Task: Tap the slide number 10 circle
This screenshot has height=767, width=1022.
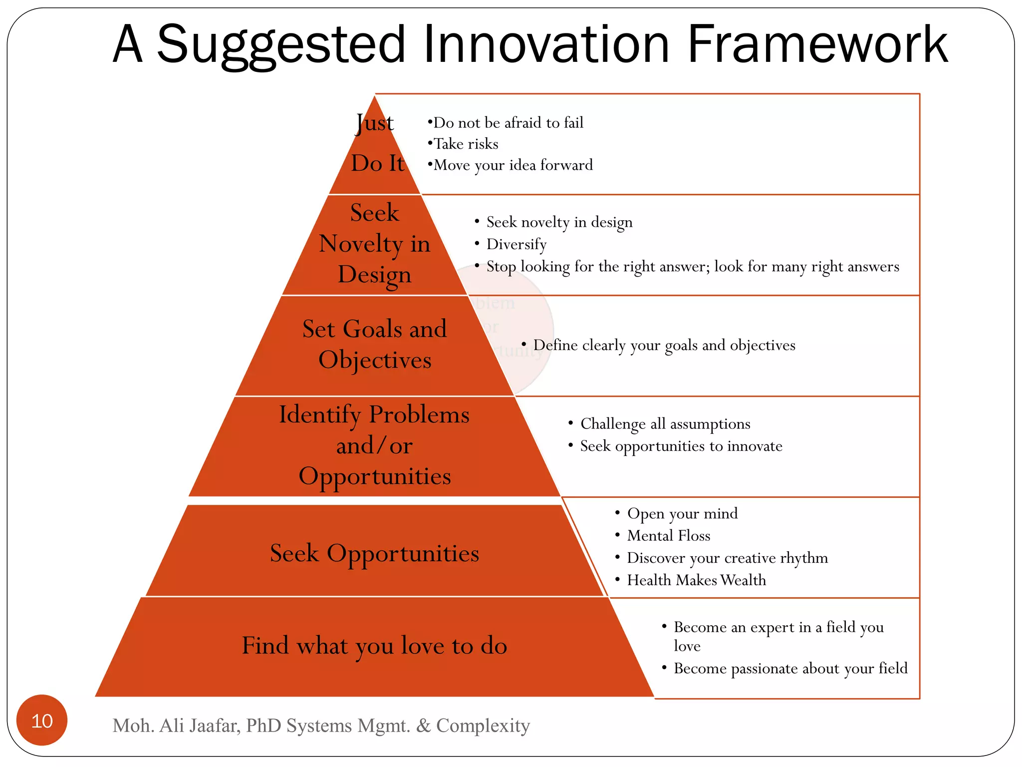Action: (42, 720)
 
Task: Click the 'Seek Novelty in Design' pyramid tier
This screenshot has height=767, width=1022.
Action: (375, 244)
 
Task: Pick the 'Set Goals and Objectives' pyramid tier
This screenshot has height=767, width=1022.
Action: (375, 345)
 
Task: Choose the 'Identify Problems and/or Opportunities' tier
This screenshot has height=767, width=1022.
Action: (375, 445)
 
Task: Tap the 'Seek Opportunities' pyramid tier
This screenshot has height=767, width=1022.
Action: (375, 553)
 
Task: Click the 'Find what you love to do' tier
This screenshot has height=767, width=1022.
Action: (375, 646)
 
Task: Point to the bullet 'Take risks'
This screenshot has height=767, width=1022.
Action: (466, 144)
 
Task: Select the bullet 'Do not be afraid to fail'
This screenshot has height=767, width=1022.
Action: (508, 123)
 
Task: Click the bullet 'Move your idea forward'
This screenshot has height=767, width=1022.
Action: (513, 165)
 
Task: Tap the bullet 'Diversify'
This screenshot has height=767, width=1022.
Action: (516, 244)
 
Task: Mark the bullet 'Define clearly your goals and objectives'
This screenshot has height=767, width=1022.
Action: (664, 345)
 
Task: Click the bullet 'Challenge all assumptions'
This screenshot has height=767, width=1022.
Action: (665, 424)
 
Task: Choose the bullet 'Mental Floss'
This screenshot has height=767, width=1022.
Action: (669, 536)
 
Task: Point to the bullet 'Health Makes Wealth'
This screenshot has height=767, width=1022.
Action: (696, 580)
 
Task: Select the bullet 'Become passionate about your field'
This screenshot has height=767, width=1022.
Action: (790, 669)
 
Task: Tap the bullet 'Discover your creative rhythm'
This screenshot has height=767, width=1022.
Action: (727, 558)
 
